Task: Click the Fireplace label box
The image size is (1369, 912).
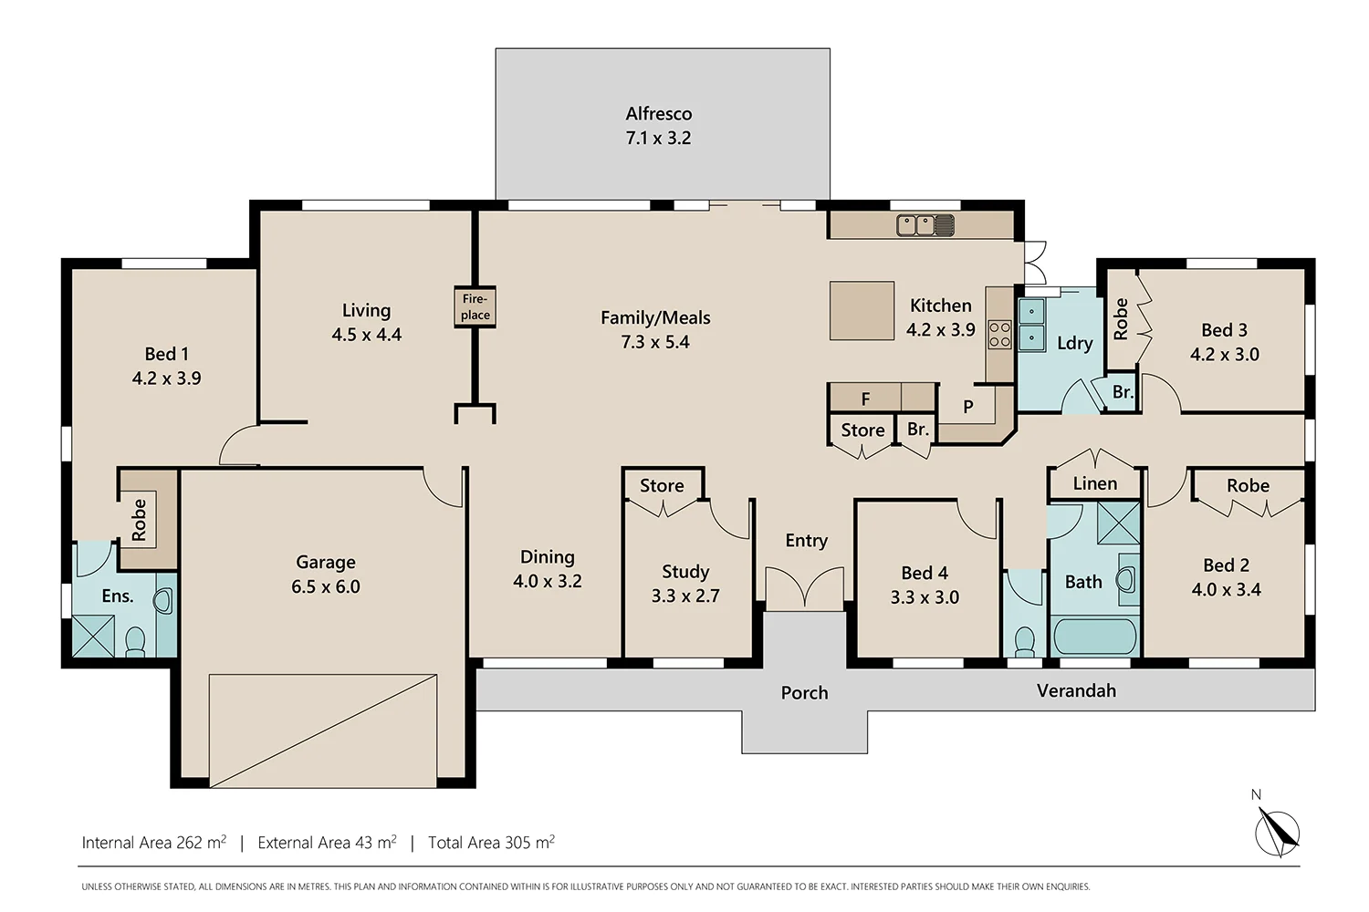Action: pos(475,307)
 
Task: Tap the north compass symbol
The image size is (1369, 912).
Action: pos(1276,831)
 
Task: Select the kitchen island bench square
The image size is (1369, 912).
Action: pos(862,310)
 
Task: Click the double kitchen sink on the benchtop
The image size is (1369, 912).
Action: pos(925,224)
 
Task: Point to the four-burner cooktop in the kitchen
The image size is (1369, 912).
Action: pos(999,335)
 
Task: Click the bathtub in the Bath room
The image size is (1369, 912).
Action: pos(1094,637)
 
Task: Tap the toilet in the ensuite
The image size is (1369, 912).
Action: pos(135,641)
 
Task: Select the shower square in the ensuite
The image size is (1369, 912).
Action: pos(94,637)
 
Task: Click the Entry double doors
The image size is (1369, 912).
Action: pos(804,588)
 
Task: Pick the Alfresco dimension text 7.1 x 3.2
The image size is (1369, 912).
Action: pos(658,139)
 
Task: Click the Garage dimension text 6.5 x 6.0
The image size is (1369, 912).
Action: pos(326,587)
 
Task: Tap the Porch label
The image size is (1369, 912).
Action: pos(804,693)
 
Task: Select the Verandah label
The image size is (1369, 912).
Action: pos(1076,691)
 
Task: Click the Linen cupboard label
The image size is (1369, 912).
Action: pos(1094,484)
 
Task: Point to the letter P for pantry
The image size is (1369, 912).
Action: pos(968,407)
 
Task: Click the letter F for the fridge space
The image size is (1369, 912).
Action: pos(865,399)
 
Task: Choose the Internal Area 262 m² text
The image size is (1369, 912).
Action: pos(153,843)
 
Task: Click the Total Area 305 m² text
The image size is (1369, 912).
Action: pos(491,843)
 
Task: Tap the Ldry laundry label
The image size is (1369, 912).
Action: pos(1074,344)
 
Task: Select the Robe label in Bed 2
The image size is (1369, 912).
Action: pos(1248,486)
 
